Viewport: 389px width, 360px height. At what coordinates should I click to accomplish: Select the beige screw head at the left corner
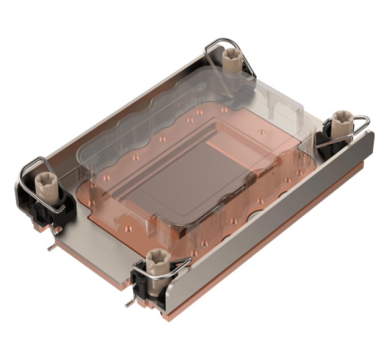(x=43, y=182)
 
